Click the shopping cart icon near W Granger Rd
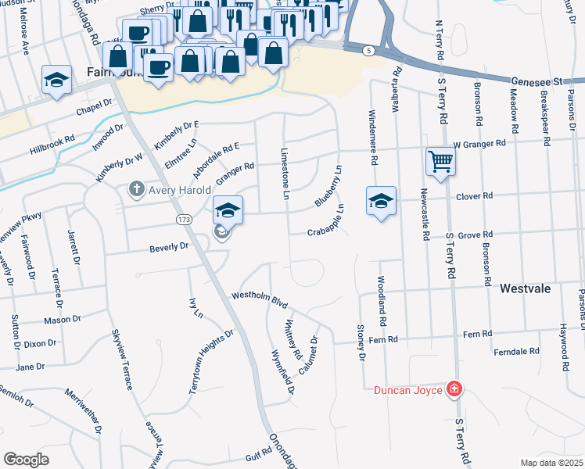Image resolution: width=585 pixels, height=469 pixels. [441, 161]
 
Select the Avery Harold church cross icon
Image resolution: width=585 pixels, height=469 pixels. [137, 189]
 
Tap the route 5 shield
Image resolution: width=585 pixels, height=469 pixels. [367, 51]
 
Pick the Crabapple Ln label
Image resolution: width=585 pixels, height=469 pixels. [325, 221]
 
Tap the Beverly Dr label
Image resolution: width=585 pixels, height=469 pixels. [170, 247]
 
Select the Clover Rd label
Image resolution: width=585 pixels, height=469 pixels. [474, 195]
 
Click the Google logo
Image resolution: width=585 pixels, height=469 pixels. [27, 459]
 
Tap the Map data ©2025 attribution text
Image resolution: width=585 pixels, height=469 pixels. [551, 463]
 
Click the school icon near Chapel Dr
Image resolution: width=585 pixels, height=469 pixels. [57, 79]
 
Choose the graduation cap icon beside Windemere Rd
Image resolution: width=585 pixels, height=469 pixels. [381, 201]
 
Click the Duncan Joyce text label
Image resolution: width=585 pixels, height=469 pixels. [407, 389]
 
